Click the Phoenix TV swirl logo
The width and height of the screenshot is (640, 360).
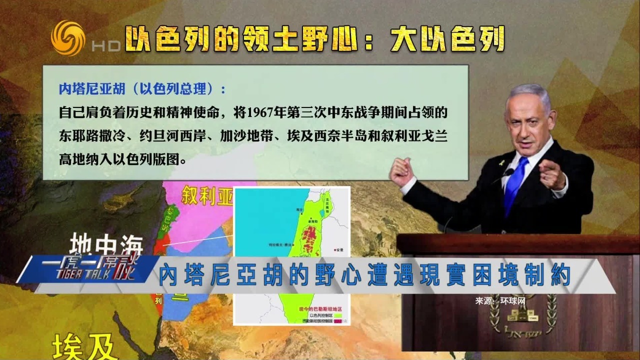coord(68,38)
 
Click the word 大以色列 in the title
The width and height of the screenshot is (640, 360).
coord(447,39)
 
